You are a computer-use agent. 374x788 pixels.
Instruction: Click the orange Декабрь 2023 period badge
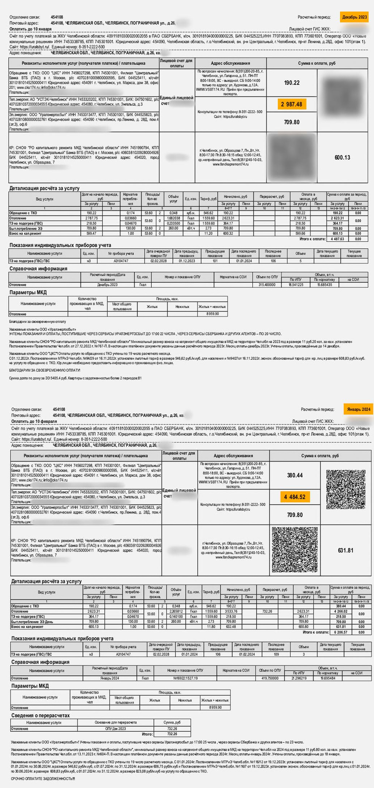coord(354,17)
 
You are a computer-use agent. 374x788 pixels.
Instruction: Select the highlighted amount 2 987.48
coord(292,104)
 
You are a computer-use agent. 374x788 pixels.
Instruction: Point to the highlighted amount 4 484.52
coord(295,497)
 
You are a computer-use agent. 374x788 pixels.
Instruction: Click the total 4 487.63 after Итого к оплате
coord(337,239)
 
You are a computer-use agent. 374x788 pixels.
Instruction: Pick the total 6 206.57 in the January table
coord(341,632)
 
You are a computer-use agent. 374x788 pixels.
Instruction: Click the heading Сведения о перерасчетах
coord(41,715)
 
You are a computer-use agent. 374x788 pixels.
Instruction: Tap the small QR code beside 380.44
coord(346,489)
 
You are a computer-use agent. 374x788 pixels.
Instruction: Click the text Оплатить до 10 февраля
coord(34,421)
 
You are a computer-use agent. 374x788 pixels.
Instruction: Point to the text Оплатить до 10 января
coord(30,29)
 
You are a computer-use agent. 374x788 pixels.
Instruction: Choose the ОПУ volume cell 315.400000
coord(267,285)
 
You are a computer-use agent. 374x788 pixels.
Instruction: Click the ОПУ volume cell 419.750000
coord(270,678)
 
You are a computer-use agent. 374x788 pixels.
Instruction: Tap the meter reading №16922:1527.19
coord(185,678)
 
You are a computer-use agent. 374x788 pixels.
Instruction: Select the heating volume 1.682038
coord(173,218)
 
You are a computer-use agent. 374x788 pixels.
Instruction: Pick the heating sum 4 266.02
coord(341,611)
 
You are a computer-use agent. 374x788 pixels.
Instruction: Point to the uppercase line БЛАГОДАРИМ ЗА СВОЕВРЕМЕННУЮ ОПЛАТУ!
coord(44,370)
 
